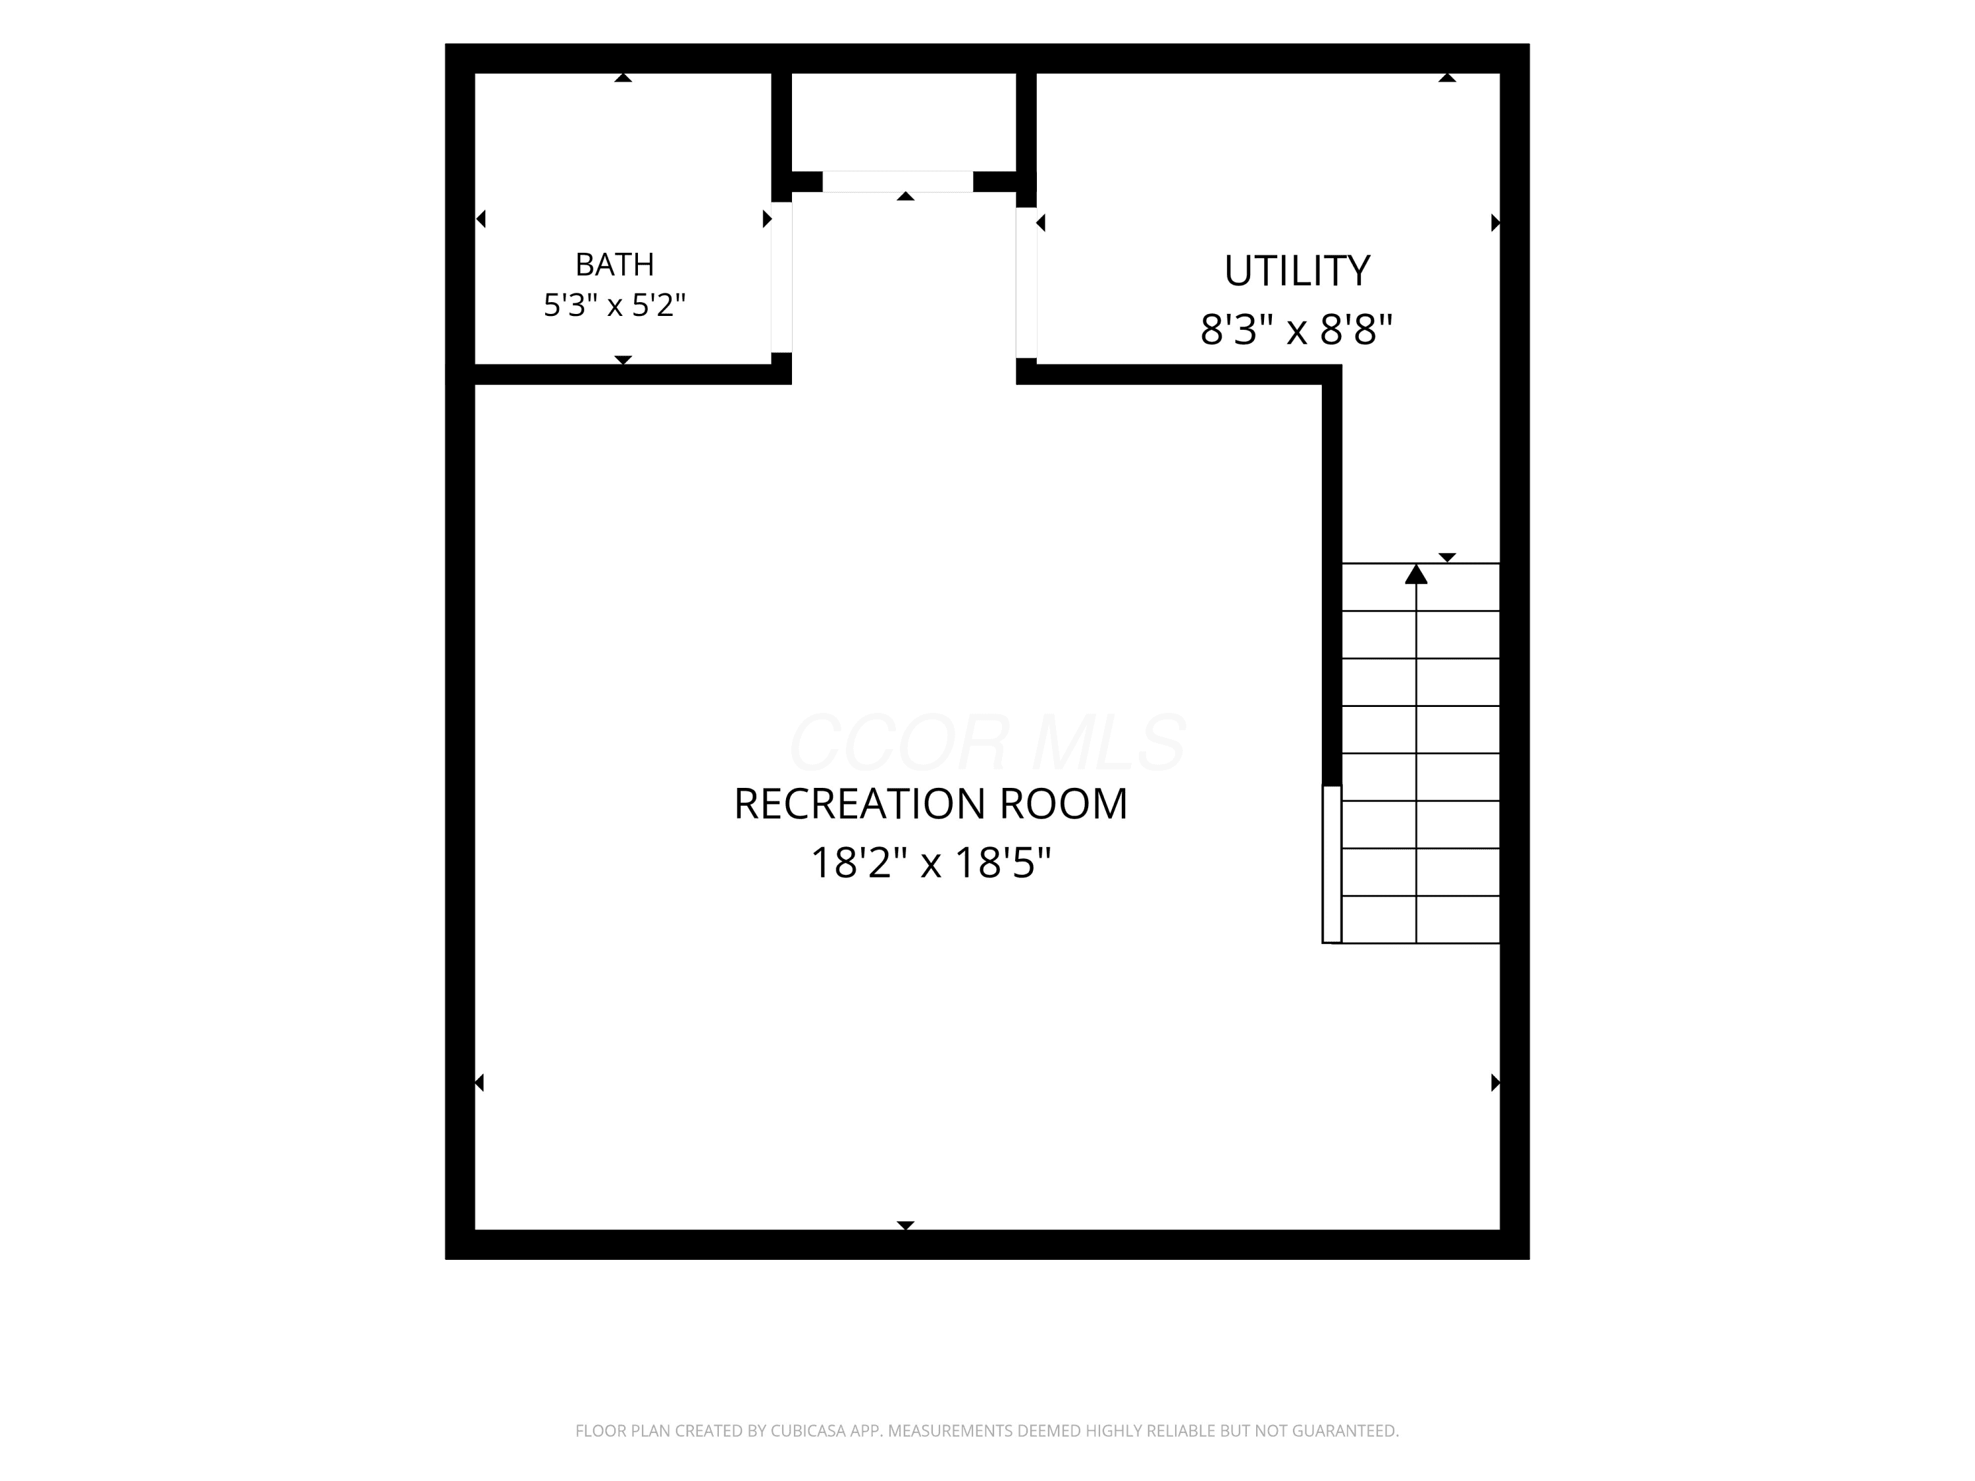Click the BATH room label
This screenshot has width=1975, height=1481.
coord(614,264)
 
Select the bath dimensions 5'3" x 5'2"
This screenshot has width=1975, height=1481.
coord(614,305)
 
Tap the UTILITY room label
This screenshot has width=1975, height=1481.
coord(1296,271)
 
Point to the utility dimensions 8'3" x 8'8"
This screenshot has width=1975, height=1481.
coord(1296,329)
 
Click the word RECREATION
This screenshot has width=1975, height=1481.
coord(860,804)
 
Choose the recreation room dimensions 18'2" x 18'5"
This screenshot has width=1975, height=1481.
coord(930,863)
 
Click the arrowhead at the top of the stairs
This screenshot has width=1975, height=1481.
coord(1416,574)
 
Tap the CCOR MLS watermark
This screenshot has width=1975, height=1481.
coord(987,742)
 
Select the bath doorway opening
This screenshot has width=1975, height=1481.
coord(781,276)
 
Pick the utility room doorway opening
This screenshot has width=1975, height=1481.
coord(1026,282)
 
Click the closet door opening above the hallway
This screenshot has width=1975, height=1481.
coord(897,181)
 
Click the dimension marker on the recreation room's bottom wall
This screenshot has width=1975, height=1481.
coord(905,1225)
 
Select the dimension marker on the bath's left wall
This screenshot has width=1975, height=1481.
coord(481,219)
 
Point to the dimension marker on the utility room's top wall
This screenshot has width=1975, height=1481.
coord(1447,78)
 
